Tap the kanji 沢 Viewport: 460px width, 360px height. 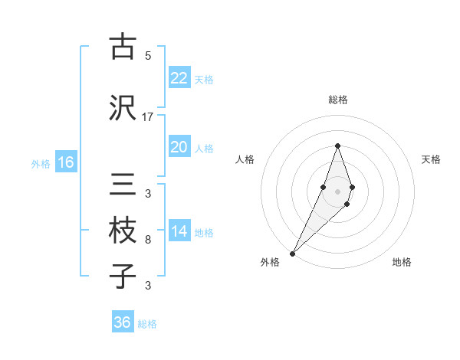(123, 107)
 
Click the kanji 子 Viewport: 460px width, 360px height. (123, 276)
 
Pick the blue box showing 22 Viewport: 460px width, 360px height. (179, 78)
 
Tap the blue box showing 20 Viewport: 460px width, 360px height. (179, 147)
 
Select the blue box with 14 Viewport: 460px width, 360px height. (179, 232)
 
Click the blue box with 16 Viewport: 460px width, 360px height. (66, 162)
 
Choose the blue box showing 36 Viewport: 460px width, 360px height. (123, 322)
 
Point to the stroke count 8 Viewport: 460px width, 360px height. (148, 240)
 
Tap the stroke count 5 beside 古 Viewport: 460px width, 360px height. (148, 55)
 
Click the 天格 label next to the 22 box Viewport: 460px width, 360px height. (204, 79)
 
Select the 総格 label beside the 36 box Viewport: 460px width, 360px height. (147, 324)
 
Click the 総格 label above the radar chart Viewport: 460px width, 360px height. (338, 100)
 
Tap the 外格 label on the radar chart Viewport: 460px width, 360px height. (270, 263)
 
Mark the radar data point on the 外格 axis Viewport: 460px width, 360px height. (292, 253)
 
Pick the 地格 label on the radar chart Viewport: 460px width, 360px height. (402, 263)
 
